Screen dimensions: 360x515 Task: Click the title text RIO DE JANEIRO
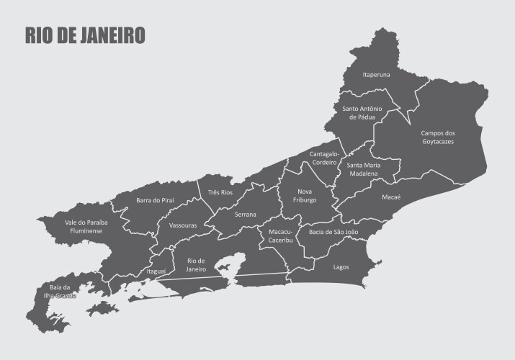click(x=85, y=35)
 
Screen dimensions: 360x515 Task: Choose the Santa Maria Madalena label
click(x=364, y=169)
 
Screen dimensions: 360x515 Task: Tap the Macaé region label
click(x=391, y=197)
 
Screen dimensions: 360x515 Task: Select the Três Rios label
click(x=220, y=193)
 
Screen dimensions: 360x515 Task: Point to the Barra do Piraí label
click(x=155, y=200)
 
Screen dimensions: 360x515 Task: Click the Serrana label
click(x=246, y=215)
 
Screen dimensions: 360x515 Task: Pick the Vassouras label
click(x=183, y=225)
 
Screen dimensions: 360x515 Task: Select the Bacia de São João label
click(x=333, y=232)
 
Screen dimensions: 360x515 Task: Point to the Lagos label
click(x=341, y=267)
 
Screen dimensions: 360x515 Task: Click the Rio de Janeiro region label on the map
click(x=197, y=264)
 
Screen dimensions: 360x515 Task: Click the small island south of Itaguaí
click(x=102, y=309)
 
